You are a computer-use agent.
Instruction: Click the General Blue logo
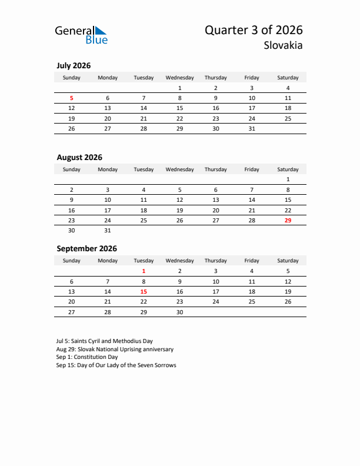[x=81, y=35]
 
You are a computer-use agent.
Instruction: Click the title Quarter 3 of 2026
[x=254, y=30]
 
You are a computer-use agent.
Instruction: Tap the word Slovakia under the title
[x=283, y=46]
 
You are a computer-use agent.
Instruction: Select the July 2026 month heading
[x=74, y=66]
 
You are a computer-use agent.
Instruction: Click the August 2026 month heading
[x=79, y=157]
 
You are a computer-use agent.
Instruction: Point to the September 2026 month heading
[x=86, y=248]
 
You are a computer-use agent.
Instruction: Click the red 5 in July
[x=72, y=98]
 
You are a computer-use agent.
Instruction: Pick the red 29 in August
[x=288, y=220]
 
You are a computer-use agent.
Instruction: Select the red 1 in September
[x=144, y=271]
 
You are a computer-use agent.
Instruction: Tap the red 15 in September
[x=144, y=291]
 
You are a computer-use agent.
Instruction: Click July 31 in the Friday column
[x=252, y=128]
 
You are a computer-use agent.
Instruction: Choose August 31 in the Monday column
[x=108, y=230]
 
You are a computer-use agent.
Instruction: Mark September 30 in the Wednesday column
[x=179, y=312]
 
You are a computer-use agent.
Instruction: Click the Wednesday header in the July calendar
[x=179, y=78]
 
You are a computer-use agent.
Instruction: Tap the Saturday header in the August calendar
[x=288, y=169]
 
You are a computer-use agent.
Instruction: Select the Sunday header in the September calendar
[x=72, y=261]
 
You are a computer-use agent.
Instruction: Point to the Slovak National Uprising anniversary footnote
[x=115, y=349]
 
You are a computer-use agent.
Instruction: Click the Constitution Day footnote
[x=87, y=357]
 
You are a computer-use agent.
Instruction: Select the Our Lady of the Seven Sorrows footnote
[x=116, y=365]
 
